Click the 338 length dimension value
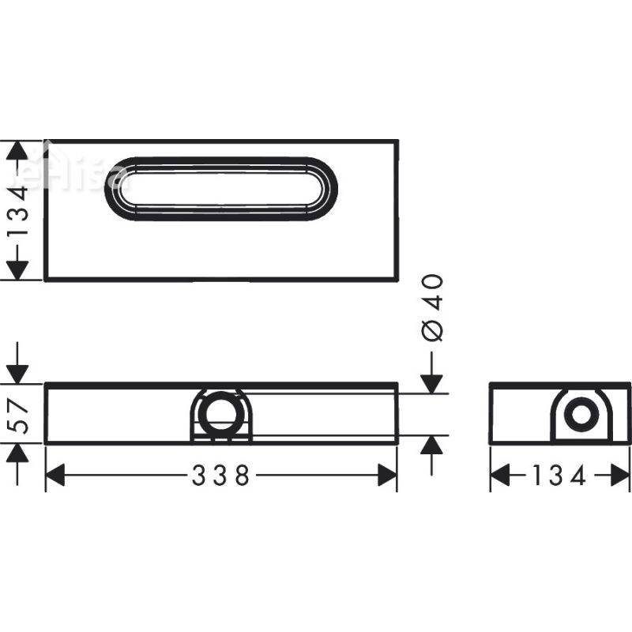[220, 476]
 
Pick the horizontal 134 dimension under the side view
[560, 476]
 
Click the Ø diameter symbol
[432, 332]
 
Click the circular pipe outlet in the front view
[220, 413]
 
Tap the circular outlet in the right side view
[581, 416]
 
